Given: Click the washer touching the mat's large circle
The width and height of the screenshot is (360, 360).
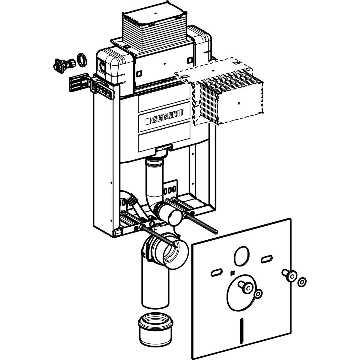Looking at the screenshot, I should (257, 294).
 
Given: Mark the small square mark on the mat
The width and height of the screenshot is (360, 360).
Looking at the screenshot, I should (232, 273).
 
